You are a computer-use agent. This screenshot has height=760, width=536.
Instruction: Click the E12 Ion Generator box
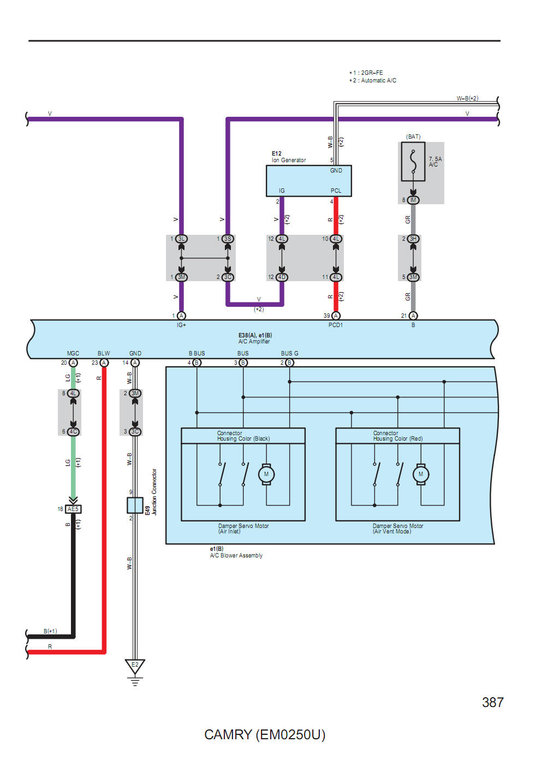point(308,181)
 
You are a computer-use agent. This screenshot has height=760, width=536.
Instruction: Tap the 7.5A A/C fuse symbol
point(413,162)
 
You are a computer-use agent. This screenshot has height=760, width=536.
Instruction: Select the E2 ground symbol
point(135,667)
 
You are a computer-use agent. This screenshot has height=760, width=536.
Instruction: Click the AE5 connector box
point(73,509)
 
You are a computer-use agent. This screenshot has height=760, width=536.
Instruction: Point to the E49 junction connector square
point(135,505)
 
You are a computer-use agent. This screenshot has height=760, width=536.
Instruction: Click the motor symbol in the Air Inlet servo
point(266,474)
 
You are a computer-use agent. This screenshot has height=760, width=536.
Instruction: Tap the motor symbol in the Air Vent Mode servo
point(421,474)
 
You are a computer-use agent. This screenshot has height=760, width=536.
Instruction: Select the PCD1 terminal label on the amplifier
point(336,325)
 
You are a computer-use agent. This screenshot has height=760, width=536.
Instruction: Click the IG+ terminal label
point(181,325)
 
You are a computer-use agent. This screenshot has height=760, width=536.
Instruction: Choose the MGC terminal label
point(73,353)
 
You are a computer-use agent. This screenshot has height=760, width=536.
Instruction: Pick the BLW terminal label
point(104,353)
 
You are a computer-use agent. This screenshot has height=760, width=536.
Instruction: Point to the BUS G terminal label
point(290,353)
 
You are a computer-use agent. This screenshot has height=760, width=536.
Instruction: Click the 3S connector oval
point(228,239)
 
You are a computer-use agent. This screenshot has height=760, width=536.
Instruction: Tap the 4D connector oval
point(282,277)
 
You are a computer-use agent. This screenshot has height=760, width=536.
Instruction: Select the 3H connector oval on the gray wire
point(413,239)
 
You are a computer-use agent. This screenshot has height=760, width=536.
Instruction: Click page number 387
point(492,702)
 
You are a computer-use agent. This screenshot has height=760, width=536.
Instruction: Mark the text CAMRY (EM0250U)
point(265,734)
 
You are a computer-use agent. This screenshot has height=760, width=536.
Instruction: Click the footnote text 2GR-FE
point(372,73)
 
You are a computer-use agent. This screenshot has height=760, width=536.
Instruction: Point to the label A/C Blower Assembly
point(236,555)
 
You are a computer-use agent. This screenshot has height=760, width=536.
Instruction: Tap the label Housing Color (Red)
point(398,438)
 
